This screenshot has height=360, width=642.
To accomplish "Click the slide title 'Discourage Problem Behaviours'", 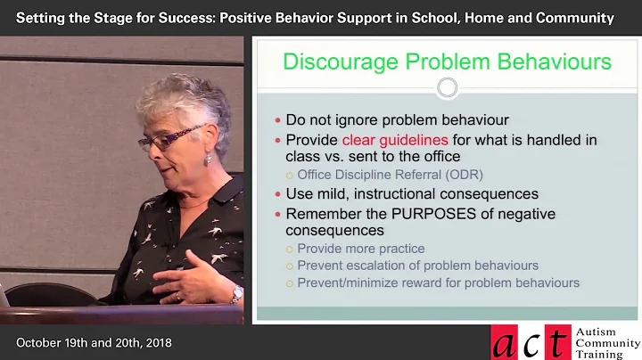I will (x=447, y=62).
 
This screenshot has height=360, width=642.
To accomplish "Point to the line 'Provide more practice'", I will (x=360, y=249).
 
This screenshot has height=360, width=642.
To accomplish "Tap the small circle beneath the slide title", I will (x=447, y=87).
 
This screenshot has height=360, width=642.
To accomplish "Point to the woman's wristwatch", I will (x=237, y=293).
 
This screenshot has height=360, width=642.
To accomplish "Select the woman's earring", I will (x=208, y=159).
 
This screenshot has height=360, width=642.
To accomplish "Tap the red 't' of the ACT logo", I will (x=560, y=342).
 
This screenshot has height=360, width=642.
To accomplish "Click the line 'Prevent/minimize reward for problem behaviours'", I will (x=438, y=282).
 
